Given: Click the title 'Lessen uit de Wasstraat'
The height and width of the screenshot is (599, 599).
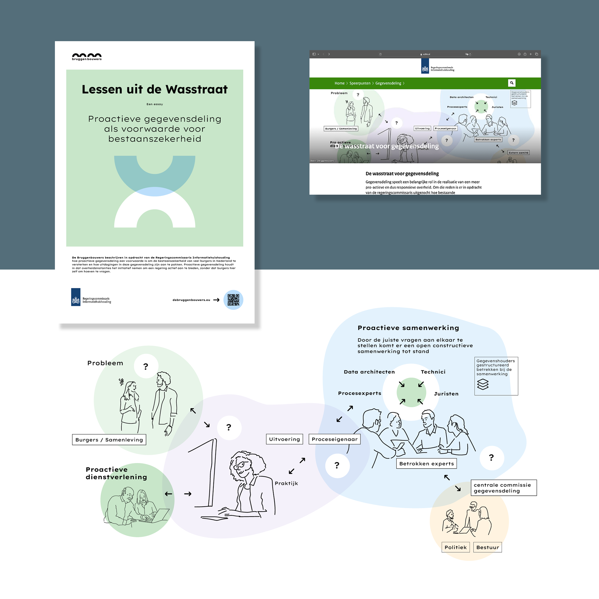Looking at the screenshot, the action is (154, 89).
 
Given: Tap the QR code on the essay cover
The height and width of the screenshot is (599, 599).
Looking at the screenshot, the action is (233, 300).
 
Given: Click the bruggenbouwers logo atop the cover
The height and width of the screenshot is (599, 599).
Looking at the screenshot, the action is (87, 56).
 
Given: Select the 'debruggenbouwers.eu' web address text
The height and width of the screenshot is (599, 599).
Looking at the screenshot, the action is (191, 300).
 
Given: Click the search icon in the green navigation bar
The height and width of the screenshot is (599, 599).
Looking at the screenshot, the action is (512, 83).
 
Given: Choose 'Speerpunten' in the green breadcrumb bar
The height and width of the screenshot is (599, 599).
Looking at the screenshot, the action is (360, 83).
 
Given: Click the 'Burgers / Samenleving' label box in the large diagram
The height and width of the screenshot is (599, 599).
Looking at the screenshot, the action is (109, 440).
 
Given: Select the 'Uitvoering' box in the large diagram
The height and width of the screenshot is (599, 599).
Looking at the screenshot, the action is (284, 439).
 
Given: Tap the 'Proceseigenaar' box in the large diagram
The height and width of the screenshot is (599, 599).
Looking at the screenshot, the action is (334, 439).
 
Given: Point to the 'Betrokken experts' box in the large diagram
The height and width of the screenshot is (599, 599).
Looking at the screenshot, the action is (426, 464).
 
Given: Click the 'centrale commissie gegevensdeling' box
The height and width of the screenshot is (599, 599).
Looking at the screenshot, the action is (503, 488).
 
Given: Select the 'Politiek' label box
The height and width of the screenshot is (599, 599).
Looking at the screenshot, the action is (455, 547).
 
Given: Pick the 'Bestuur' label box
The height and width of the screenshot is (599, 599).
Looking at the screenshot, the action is (487, 547).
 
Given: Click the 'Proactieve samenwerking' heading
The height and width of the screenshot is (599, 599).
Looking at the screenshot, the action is (408, 328).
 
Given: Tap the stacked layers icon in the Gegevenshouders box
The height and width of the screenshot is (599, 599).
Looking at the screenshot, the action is (483, 384).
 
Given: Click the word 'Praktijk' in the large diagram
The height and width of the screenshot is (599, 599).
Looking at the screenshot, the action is (286, 483).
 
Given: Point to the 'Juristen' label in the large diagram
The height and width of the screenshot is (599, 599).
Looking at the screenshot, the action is (446, 394).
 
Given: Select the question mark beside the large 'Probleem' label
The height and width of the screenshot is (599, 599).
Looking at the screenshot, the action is (146, 366).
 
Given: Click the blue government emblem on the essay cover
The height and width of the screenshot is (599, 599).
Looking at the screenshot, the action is (76, 297).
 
